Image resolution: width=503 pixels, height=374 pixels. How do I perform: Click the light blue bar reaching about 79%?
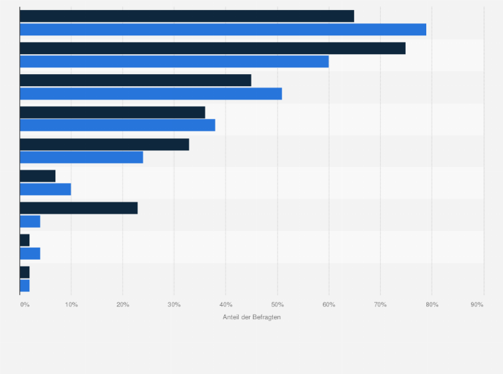[223, 29]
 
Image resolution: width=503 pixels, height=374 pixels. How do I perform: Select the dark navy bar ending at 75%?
[212, 48]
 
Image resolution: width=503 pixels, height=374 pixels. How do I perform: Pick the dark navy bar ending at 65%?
[187, 16]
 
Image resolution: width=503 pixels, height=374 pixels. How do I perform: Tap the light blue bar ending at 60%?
[174, 61]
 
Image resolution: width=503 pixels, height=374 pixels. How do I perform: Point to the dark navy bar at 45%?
[135, 80]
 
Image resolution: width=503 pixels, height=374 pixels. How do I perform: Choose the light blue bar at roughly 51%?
[151, 93]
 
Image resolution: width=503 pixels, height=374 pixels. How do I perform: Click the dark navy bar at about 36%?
[112, 112]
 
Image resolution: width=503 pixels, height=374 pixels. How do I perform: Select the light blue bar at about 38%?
[117, 125]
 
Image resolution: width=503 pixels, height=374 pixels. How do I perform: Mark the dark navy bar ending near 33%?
[104, 144]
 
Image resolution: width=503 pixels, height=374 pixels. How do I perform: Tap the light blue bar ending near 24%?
[81, 157]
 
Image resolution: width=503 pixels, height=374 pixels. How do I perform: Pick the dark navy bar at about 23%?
[79, 208]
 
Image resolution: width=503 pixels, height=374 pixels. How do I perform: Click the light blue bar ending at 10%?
[45, 189]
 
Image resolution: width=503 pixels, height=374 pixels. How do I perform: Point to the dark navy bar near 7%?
[37, 176]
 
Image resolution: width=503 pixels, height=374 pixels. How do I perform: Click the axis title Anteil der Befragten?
[251, 317]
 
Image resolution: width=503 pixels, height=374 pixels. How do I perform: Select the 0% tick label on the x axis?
[25, 305]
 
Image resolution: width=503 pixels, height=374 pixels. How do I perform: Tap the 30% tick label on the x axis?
[174, 305]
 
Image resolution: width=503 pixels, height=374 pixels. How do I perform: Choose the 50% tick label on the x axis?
[277, 305]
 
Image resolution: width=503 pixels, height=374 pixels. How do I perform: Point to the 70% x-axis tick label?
[380, 305]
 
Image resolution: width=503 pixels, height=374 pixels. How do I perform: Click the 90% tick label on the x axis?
[476, 305]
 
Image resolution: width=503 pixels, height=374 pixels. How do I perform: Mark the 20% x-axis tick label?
[123, 305]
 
